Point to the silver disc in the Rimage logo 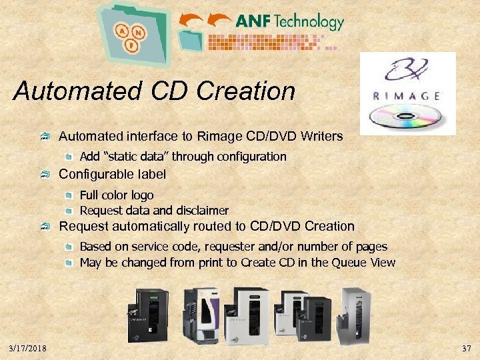coord(407,117)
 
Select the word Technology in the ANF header coord(309,21)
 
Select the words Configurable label coord(113,175)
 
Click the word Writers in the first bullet coord(322,137)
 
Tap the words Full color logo coord(117,195)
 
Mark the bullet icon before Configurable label coord(45,175)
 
